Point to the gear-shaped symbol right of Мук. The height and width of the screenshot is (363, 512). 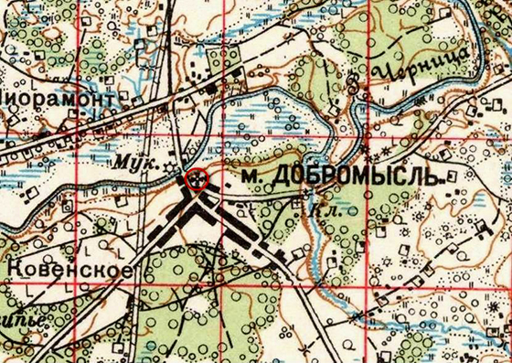click(169, 158)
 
